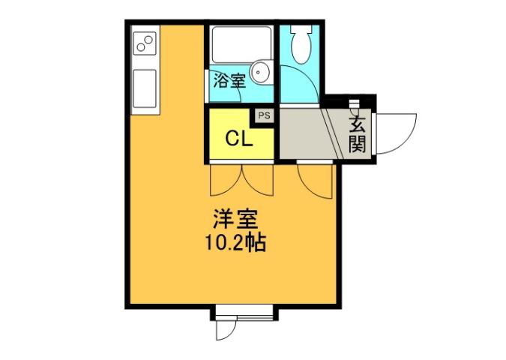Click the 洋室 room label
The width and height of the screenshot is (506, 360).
click(x=235, y=221)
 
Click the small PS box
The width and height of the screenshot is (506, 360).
click(x=265, y=115)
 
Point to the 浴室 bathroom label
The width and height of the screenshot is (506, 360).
click(x=229, y=81)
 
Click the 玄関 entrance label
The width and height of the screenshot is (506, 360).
click(x=358, y=133)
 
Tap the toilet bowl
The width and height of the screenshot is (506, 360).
click(x=301, y=46)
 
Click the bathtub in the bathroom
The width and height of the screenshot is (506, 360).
click(x=240, y=44)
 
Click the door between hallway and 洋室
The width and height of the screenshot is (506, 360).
click(x=314, y=180)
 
